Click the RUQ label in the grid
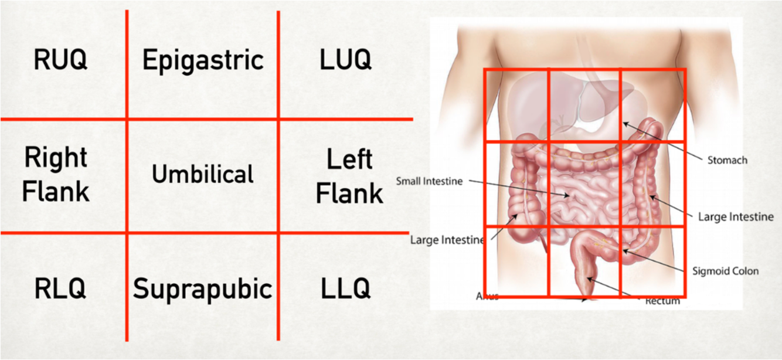click(x=60, y=60)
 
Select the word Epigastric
click(x=203, y=60)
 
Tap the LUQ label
click(x=345, y=60)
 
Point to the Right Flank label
click(x=56, y=174)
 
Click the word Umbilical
click(x=203, y=174)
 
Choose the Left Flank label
click(x=349, y=176)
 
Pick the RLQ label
click(x=60, y=288)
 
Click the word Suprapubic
click(x=203, y=288)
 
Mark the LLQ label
click(x=345, y=288)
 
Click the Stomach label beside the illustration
click(x=727, y=160)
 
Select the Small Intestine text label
click(x=429, y=181)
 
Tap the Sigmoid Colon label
click(x=725, y=271)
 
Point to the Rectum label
click(x=662, y=301)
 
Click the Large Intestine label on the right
click(x=736, y=217)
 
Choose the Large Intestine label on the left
click(x=447, y=240)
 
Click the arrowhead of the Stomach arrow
click(x=625, y=124)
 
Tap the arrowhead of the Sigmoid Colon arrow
click(x=625, y=252)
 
